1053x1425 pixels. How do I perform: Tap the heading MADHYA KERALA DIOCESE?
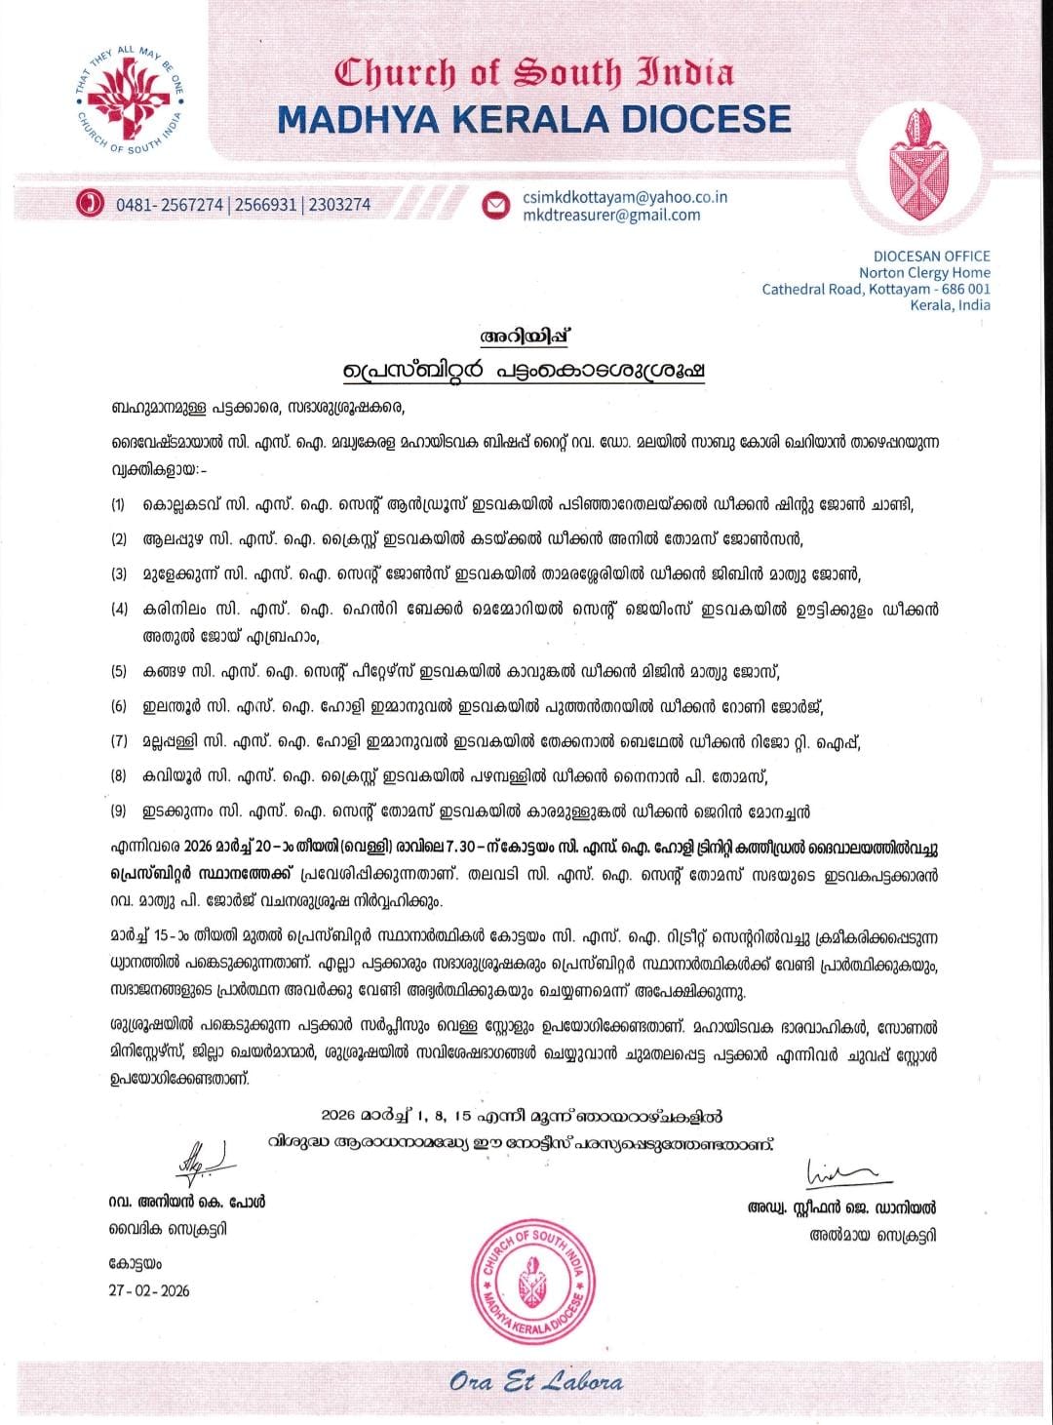[533, 119]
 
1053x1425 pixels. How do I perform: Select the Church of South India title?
[534, 73]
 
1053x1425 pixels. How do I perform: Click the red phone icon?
[90, 204]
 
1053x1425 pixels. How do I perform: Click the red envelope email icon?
[497, 205]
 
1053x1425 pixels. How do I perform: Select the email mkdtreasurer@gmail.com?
[611, 215]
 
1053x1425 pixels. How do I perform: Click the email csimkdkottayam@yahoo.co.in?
[625, 196]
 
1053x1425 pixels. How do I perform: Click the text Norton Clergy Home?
[924, 273]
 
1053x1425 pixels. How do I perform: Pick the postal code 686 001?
[966, 289]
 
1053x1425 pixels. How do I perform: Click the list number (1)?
[118, 505]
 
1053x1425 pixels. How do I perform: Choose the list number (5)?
[118, 672]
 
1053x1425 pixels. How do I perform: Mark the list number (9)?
[118, 811]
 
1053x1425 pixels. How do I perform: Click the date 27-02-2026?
[150, 1290]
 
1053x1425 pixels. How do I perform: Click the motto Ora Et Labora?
[536, 1381]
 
